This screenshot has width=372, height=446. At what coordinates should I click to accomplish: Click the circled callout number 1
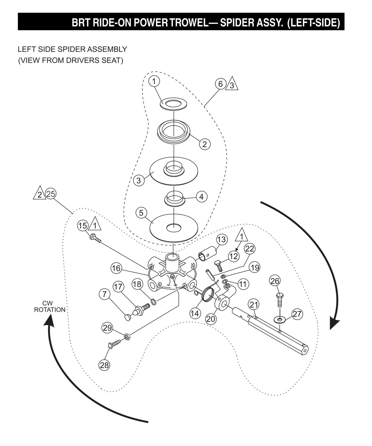click(x=154, y=81)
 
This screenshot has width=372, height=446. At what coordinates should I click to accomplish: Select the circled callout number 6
click(x=220, y=84)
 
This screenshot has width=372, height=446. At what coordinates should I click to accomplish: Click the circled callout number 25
click(x=51, y=194)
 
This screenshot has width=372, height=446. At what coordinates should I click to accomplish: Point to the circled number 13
click(x=221, y=240)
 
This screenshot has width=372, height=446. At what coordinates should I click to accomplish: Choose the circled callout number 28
click(x=104, y=365)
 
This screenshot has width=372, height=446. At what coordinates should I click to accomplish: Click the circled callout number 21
click(x=254, y=305)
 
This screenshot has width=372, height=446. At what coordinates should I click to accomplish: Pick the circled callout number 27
click(x=297, y=314)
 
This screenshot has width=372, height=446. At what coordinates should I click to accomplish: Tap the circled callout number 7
click(x=104, y=294)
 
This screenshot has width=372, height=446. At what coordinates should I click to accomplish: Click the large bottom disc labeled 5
click(x=174, y=227)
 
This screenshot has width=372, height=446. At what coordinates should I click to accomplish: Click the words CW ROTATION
click(x=50, y=307)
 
